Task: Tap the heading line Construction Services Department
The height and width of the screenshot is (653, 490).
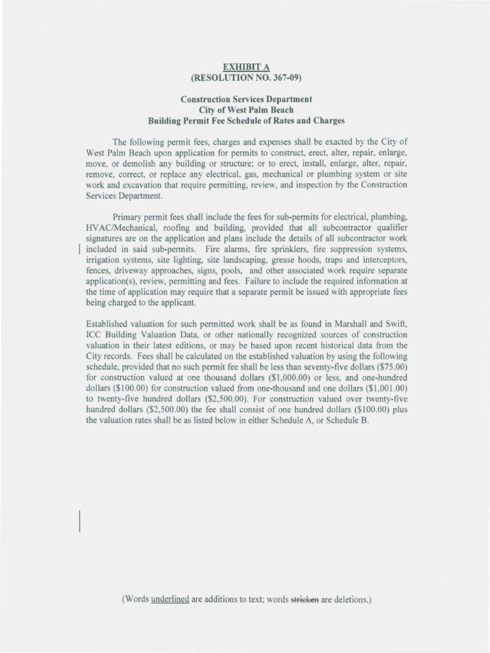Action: click(246, 99)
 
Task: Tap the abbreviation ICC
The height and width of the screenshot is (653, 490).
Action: click(94, 335)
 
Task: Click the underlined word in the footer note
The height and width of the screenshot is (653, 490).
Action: click(170, 600)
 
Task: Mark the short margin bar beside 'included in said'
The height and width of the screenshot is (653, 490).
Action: click(78, 249)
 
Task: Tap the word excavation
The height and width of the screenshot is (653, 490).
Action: click(141, 184)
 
